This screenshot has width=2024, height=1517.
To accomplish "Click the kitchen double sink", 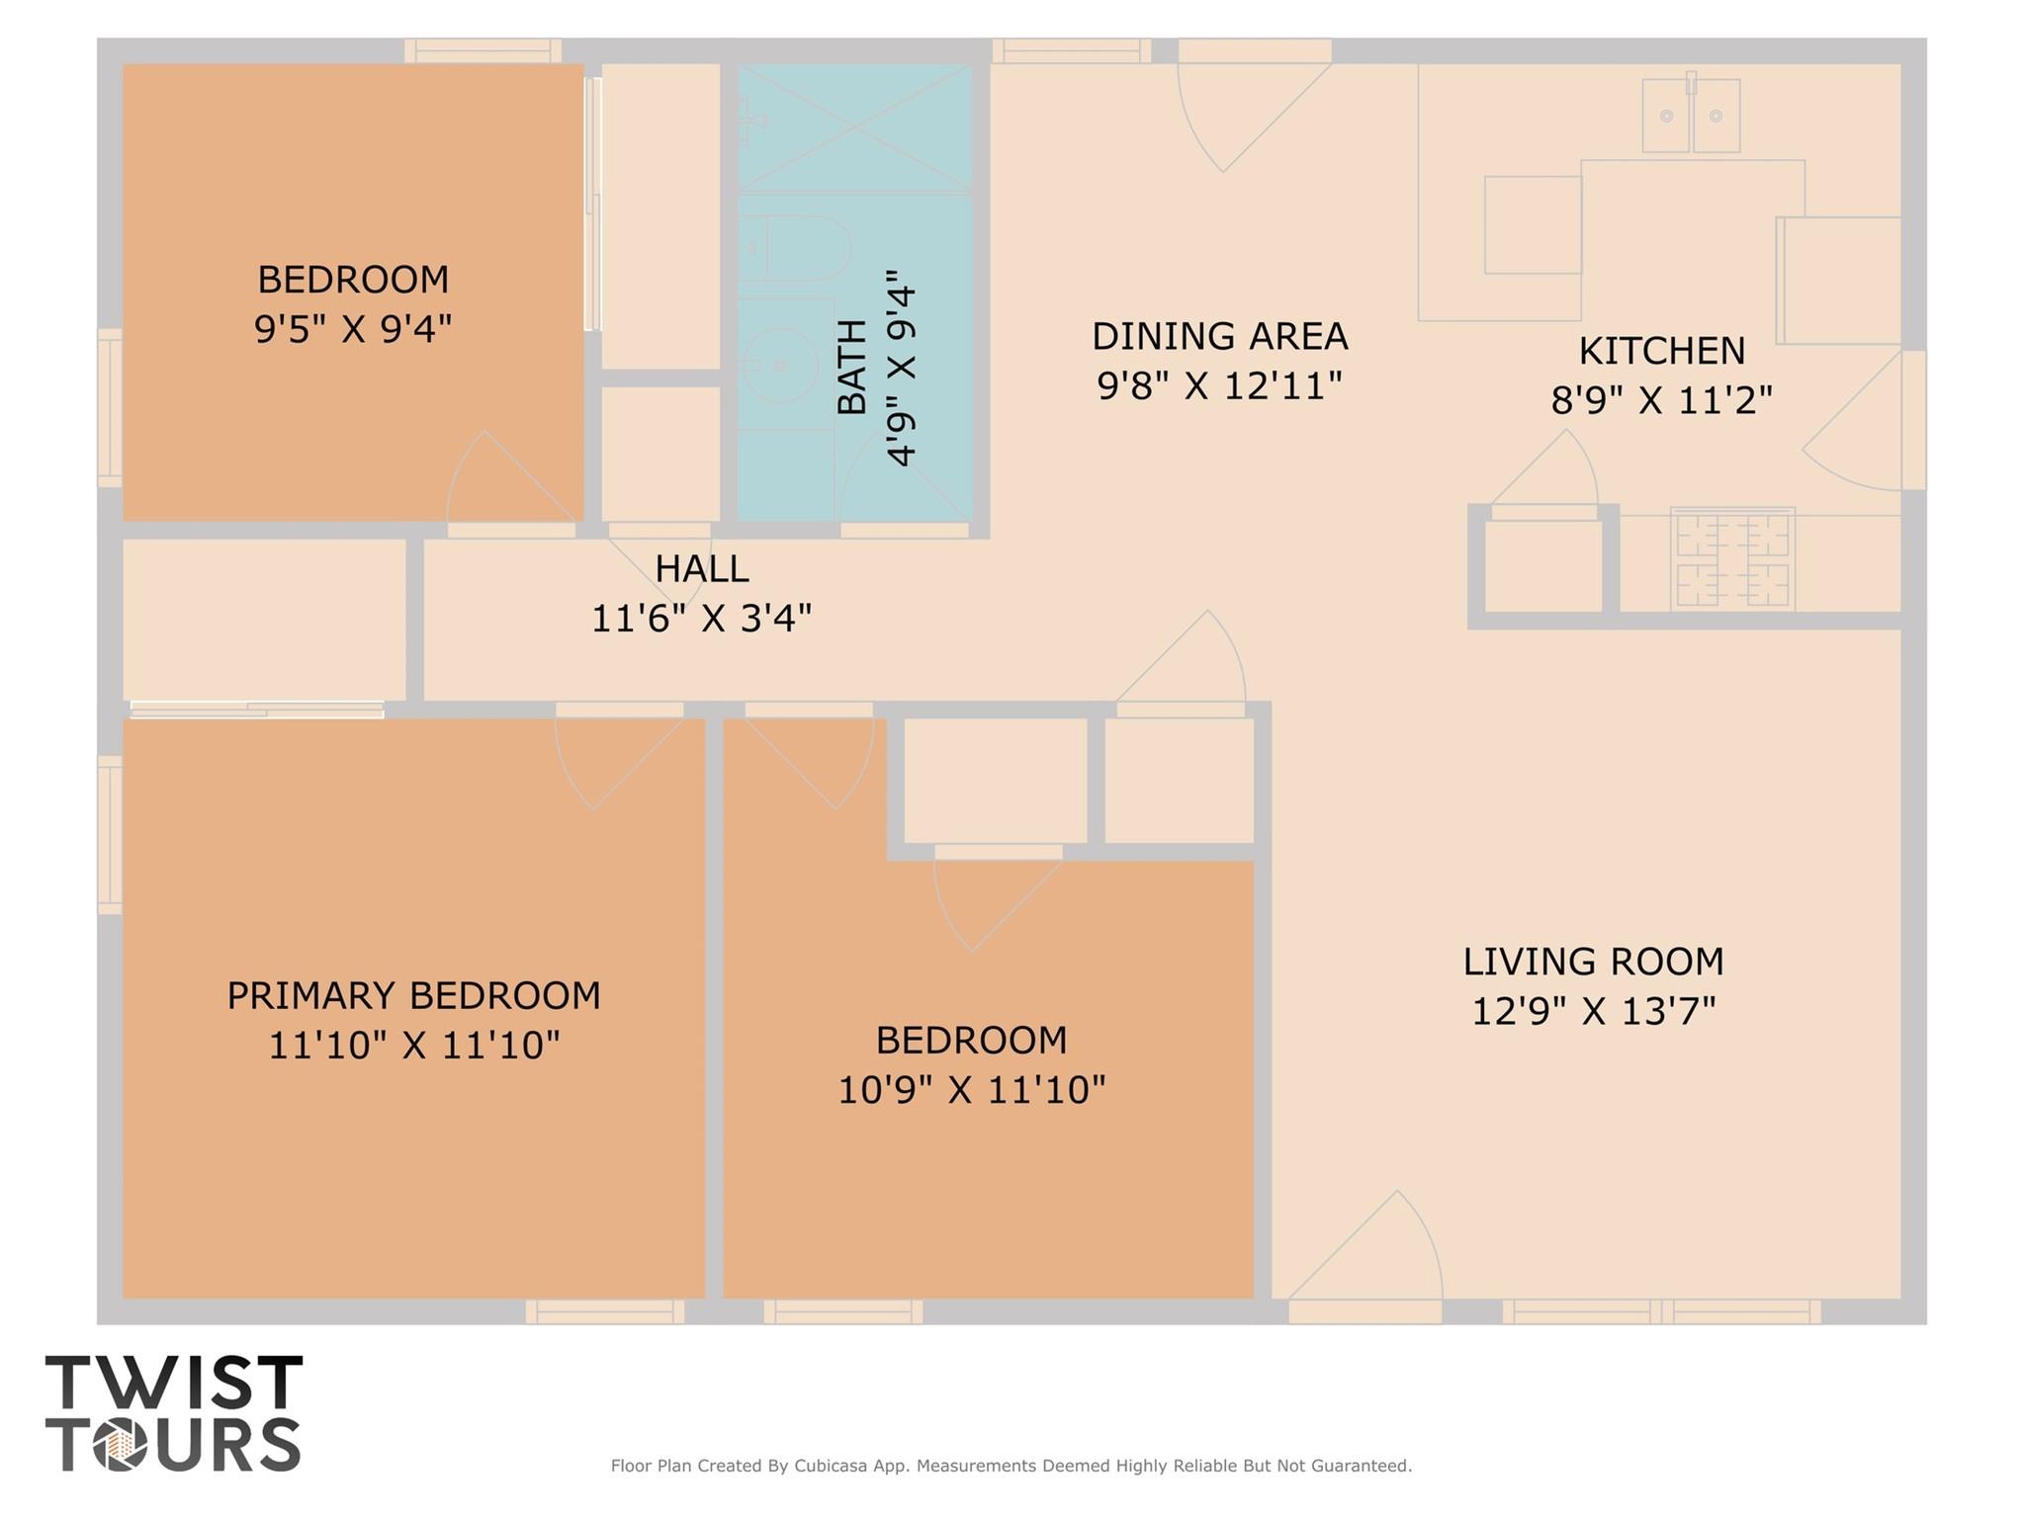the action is click(1691, 115).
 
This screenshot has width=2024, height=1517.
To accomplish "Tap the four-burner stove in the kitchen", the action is click(1731, 559).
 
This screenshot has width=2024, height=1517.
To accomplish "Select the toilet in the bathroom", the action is click(796, 248).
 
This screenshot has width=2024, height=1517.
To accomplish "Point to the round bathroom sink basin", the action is click(780, 365).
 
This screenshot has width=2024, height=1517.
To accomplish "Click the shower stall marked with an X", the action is click(855, 127).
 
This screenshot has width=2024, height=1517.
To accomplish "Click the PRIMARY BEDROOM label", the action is click(414, 995).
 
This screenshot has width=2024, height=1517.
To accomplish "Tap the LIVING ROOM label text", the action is click(1594, 962).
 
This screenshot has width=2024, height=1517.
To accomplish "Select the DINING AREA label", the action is click(1220, 336).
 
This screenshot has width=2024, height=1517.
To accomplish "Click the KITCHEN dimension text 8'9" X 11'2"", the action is click(1661, 400).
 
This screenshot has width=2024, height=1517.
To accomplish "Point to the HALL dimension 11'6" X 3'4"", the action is click(702, 619).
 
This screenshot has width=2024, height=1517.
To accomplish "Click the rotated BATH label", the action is click(851, 367).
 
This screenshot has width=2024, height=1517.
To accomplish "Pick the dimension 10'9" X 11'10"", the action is click(972, 1090).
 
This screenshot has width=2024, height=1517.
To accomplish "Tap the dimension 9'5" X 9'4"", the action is click(353, 329).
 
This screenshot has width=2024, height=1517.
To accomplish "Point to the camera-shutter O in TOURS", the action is click(121, 1445).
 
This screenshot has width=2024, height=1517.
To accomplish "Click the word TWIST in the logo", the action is click(174, 1384).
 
